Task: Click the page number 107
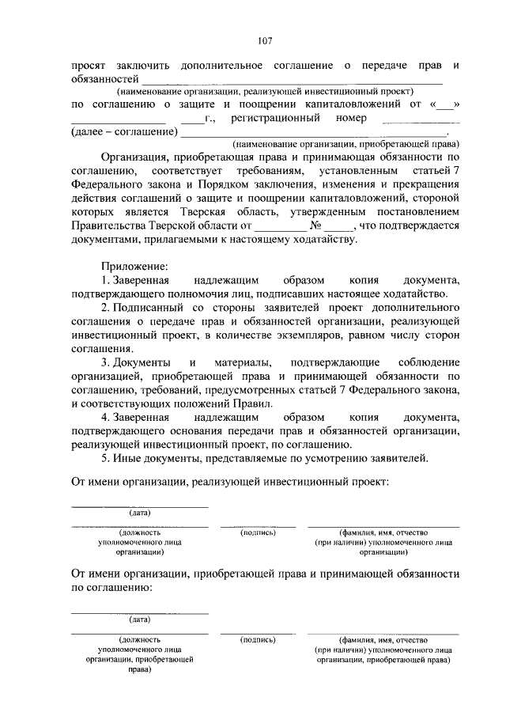[x=265, y=41]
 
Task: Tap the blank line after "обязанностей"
[x=292, y=81]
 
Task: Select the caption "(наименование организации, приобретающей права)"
[x=346, y=145]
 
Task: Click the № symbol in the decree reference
[x=312, y=225]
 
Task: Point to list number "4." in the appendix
[x=106, y=417]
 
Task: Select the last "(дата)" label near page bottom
[x=139, y=619]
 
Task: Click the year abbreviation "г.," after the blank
[x=210, y=119]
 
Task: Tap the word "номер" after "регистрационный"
[x=351, y=118]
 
